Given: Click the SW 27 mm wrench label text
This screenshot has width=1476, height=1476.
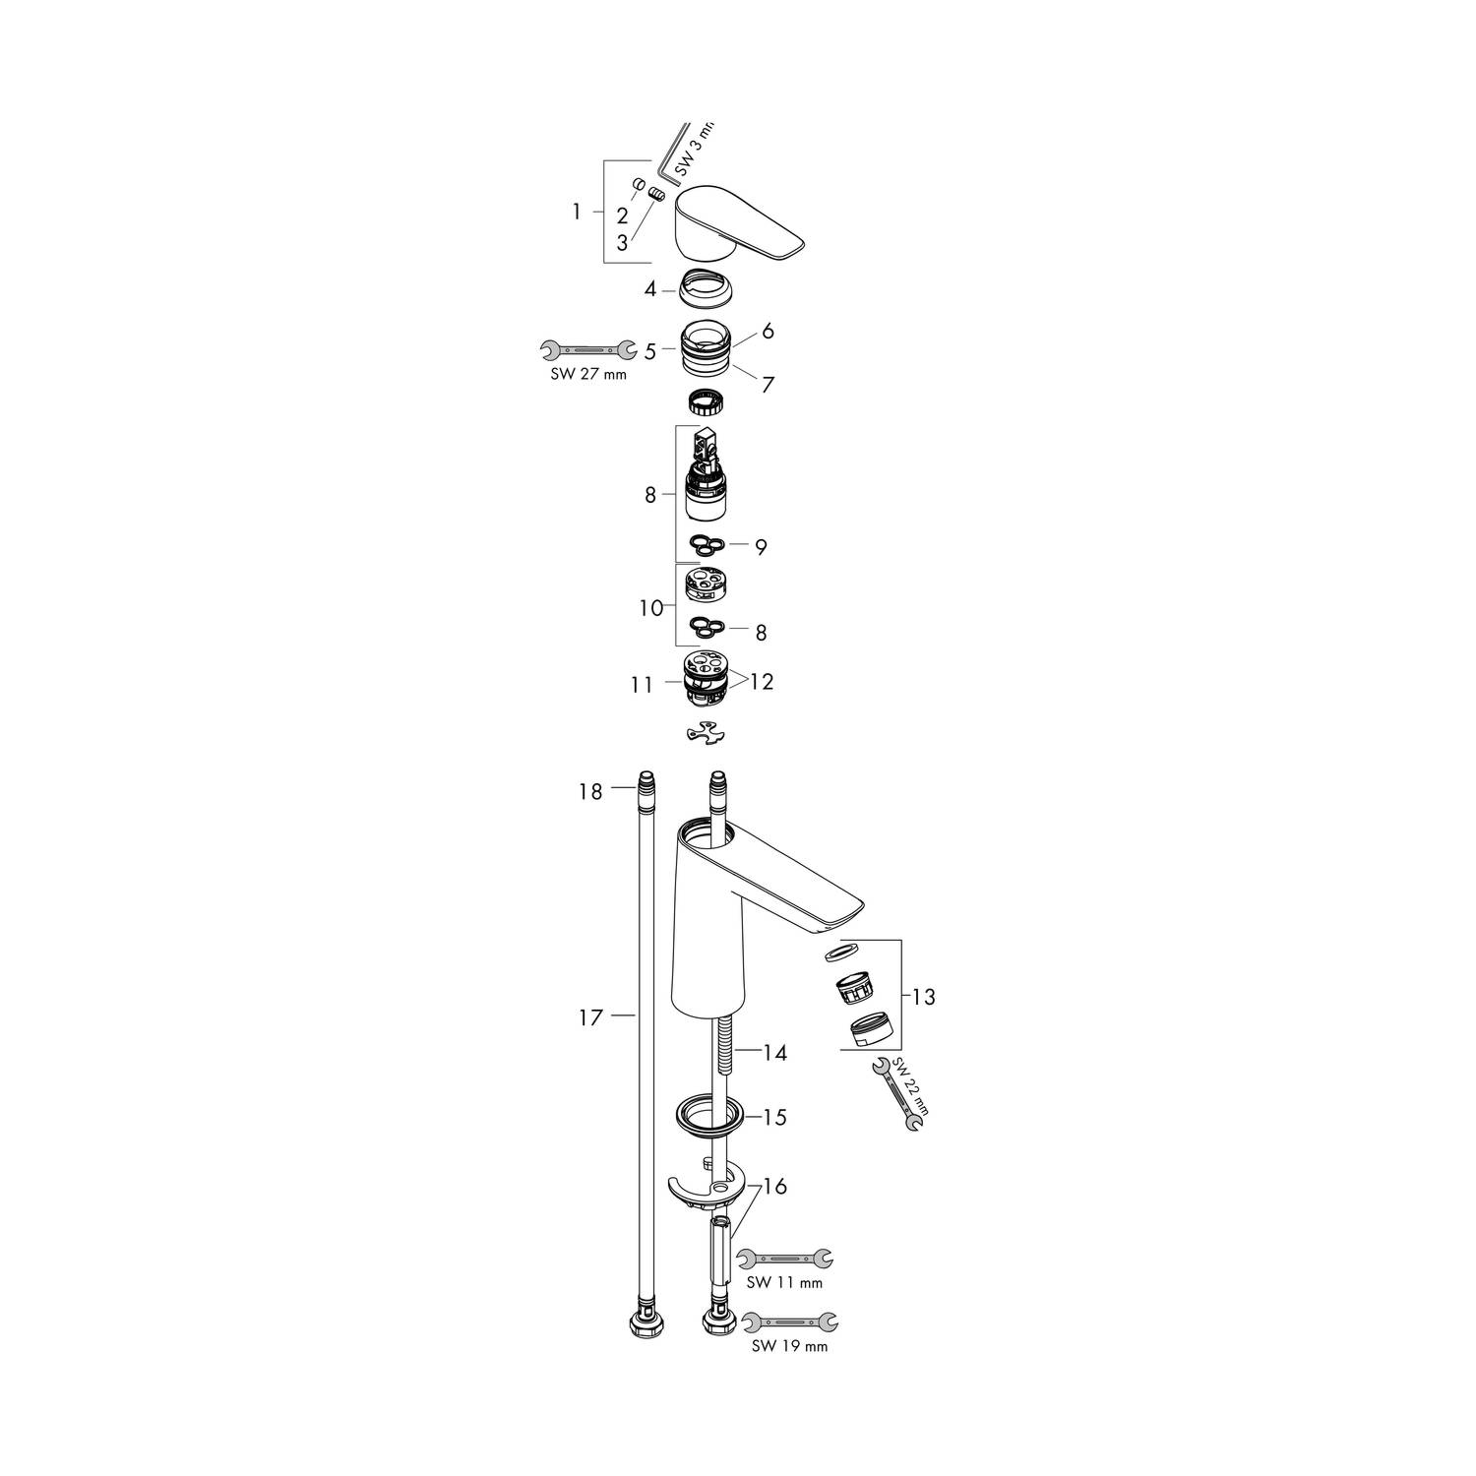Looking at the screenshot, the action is [x=587, y=374].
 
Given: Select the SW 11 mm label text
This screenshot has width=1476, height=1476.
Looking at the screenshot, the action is [x=784, y=1283].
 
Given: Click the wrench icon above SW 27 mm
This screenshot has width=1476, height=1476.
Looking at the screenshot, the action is [x=587, y=348].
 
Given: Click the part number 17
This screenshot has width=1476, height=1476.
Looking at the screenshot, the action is [x=589, y=1018].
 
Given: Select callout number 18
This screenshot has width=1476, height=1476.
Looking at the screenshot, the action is [x=589, y=791].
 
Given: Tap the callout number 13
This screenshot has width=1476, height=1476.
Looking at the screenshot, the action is [x=923, y=997].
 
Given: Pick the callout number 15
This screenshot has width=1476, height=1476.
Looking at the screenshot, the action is [x=775, y=1118].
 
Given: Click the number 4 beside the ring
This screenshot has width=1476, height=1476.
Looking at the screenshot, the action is [x=650, y=289].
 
